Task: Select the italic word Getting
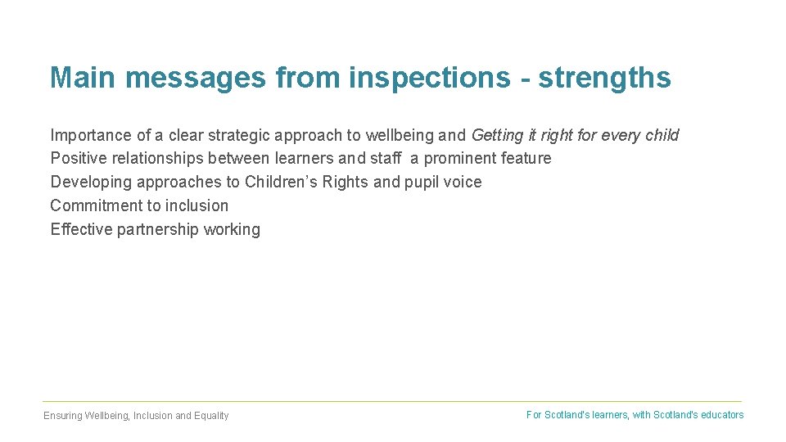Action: tap(497, 135)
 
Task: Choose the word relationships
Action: tap(156, 158)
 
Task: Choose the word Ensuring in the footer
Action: tap(63, 416)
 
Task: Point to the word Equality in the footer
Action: tap(211, 416)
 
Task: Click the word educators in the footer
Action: tap(721, 415)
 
